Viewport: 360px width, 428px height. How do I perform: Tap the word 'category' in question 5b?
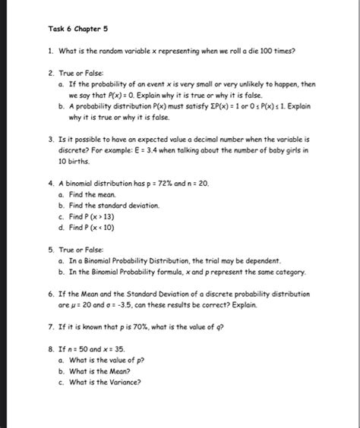pyautogui.click(x=289, y=271)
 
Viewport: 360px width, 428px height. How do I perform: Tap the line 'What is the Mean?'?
pyautogui.click(x=99, y=371)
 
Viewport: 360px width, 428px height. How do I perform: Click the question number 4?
pyautogui.click(x=50, y=184)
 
